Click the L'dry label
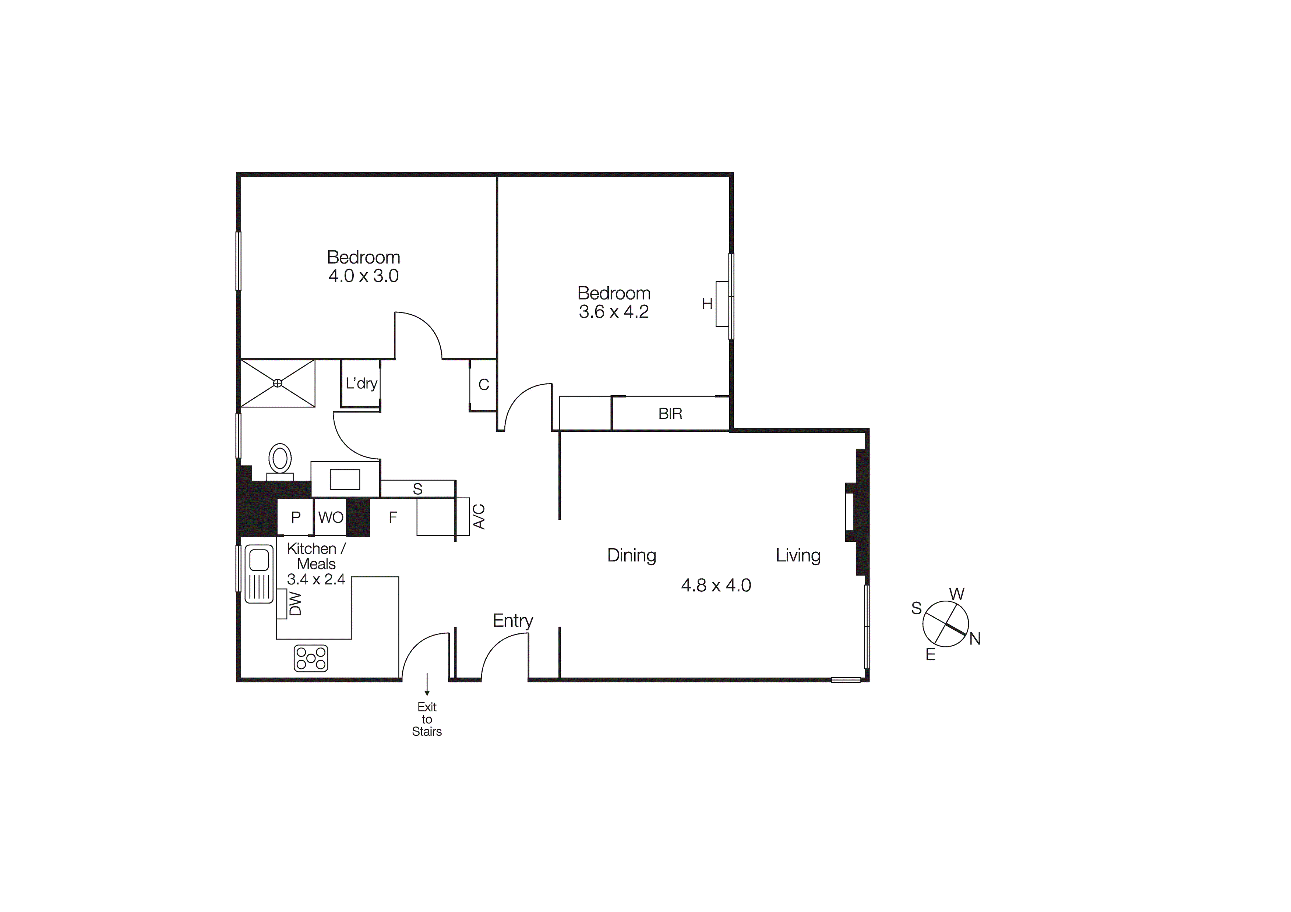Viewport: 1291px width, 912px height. click(x=361, y=383)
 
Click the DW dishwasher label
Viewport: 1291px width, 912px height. click(x=295, y=604)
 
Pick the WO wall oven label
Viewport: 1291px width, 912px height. click(x=331, y=517)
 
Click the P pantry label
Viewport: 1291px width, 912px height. click(x=296, y=517)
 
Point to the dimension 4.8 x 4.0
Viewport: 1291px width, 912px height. click(x=716, y=585)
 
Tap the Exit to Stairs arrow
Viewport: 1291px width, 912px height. click(x=427, y=684)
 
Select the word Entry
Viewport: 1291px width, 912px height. click(x=513, y=621)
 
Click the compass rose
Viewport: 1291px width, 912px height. click(x=946, y=624)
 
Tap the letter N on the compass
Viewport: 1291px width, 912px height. click(x=975, y=639)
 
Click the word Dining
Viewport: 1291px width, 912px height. click(x=631, y=555)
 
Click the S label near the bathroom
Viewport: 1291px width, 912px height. click(x=417, y=489)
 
